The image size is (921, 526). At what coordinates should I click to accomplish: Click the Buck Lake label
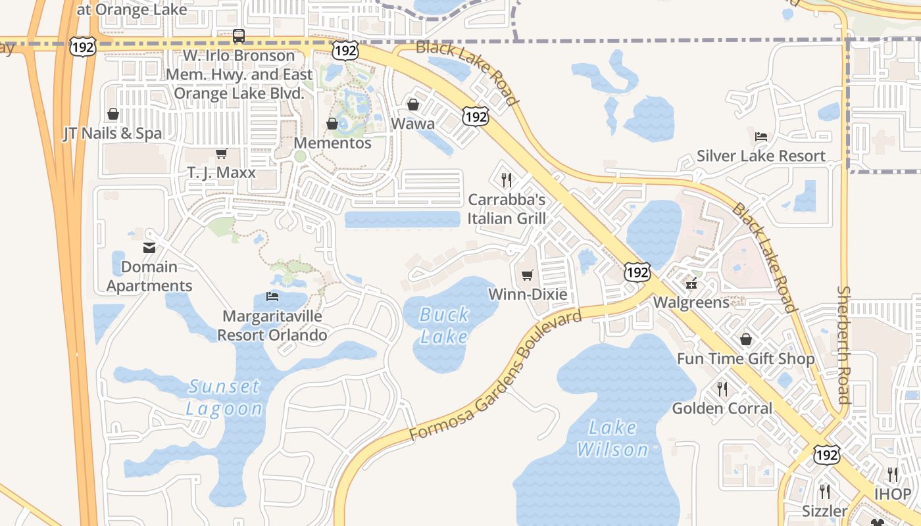click(x=444, y=325)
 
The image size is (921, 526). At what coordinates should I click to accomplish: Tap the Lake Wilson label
click(x=612, y=439)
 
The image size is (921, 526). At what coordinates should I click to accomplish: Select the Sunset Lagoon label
click(x=224, y=397)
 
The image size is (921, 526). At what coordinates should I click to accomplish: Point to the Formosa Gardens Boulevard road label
click(x=496, y=376)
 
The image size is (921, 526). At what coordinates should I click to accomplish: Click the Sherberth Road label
click(x=844, y=345)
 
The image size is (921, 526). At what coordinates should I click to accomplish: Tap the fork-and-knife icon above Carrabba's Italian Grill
click(x=507, y=179)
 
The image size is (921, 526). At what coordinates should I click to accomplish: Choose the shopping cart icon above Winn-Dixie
click(x=527, y=275)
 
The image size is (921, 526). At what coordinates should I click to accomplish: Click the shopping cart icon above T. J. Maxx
click(x=221, y=153)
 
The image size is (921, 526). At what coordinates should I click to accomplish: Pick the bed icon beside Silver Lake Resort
click(x=761, y=137)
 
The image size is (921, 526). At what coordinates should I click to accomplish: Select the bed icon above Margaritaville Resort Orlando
click(x=272, y=297)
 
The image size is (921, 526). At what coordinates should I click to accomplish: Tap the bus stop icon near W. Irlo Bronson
click(x=239, y=36)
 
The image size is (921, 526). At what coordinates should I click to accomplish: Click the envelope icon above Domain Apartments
click(x=149, y=248)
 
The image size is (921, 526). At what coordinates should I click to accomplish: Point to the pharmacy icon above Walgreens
click(x=691, y=283)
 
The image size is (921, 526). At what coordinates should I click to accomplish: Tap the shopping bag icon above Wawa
click(x=413, y=105)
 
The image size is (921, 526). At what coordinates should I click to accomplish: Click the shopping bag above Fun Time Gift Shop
click(x=746, y=339)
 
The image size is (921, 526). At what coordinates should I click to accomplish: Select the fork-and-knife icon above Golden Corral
click(x=722, y=389)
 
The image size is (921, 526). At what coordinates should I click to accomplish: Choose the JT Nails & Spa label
click(x=112, y=133)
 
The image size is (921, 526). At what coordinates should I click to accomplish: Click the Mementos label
click(x=332, y=143)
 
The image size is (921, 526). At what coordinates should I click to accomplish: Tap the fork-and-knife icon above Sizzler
click(x=825, y=491)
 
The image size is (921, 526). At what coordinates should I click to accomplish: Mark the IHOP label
click(x=893, y=494)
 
